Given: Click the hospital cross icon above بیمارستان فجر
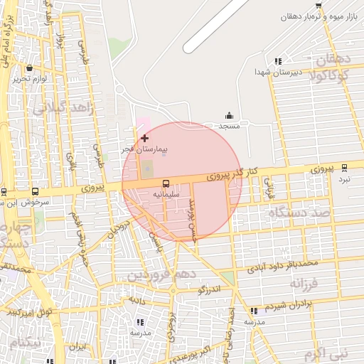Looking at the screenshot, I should coord(145,137).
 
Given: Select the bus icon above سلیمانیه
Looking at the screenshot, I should coord(166,182).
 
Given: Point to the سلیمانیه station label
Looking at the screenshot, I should coord(166,193).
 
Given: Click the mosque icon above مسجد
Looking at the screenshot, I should coord(229,115).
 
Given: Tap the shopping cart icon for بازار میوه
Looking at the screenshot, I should coord(318,6).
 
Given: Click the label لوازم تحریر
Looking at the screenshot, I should coord(28,79).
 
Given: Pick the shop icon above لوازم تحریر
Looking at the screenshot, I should coord(29,68).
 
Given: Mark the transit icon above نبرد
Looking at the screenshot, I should coord(345,168).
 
